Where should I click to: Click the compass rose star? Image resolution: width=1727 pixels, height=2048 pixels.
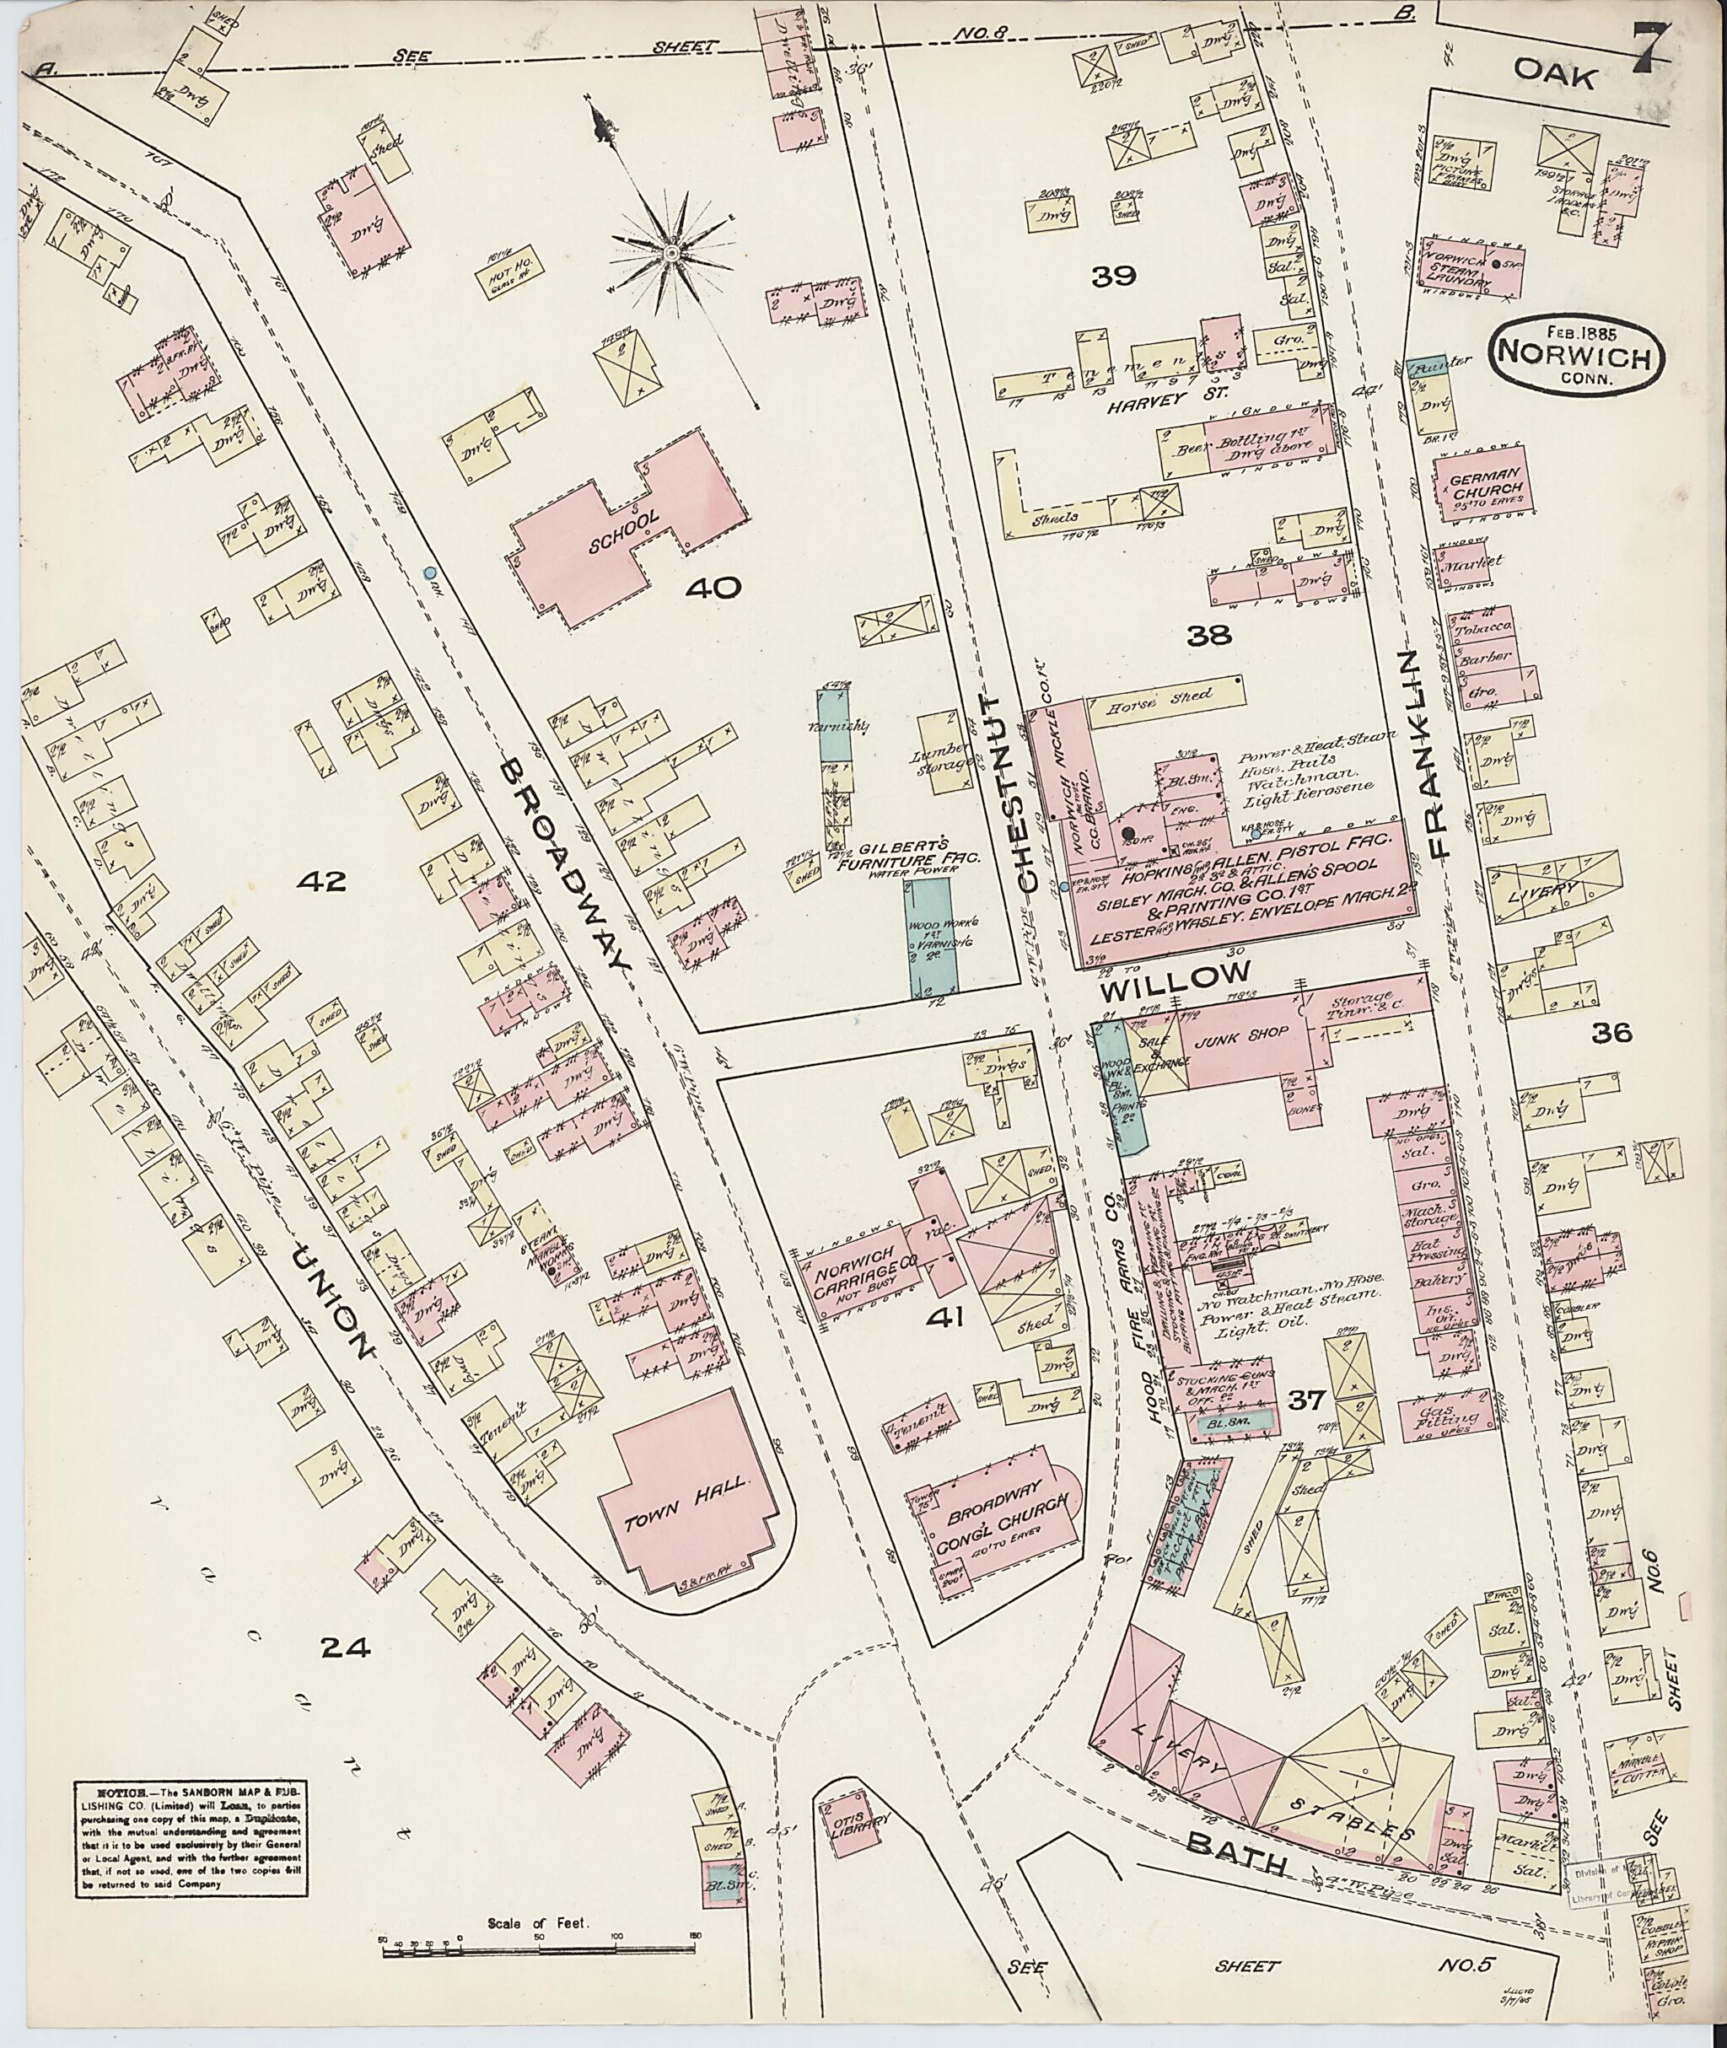click(x=673, y=255)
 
